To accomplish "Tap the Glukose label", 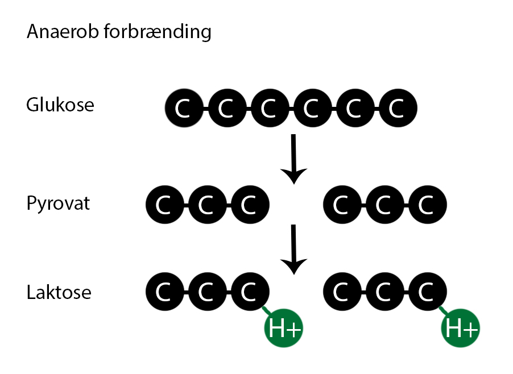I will (x=60, y=105).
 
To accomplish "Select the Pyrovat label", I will (x=58, y=203).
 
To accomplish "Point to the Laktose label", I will (x=59, y=293).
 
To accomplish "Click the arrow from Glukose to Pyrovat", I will (x=293, y=159).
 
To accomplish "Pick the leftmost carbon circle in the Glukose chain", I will (x=183, y=108).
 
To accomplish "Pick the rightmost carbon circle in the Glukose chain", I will (x=397, y=108).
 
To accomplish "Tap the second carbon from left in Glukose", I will (x=226, y=108).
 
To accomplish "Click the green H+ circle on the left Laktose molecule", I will (x=283, y=328).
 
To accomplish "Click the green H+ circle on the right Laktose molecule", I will (x=461, y=328).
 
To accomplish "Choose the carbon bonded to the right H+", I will (x=427, y=293).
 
